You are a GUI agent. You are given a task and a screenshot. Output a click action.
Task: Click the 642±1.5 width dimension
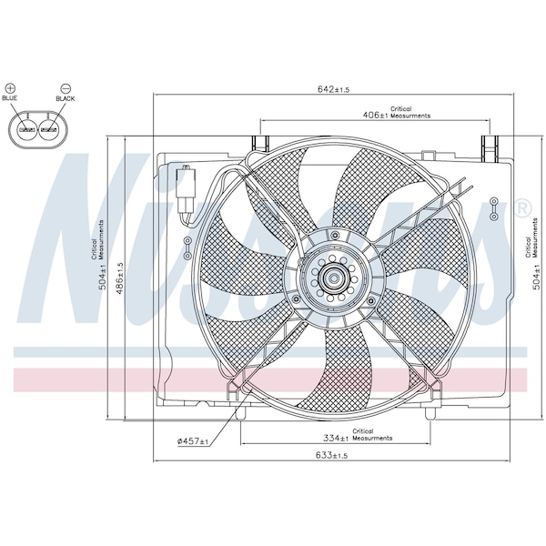click(x=333, y=89)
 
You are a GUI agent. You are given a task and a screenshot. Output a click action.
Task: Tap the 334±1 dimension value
click(x=336, y=438)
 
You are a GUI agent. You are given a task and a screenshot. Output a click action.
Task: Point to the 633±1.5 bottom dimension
click(x=332, y=455)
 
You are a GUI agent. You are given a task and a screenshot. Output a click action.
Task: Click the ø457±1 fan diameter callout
click(x=193, y=441)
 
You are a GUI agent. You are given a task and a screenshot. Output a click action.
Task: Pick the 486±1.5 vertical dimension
click(x=120, y=278)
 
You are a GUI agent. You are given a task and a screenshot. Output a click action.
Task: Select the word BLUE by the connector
click(x=9, y=98)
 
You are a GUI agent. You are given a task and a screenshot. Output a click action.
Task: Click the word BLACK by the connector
click(x=66, y=98)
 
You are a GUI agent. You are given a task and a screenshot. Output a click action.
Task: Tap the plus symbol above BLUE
click(x=11, y=88)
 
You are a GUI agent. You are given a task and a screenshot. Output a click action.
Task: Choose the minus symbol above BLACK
click(x=66, y=88)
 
